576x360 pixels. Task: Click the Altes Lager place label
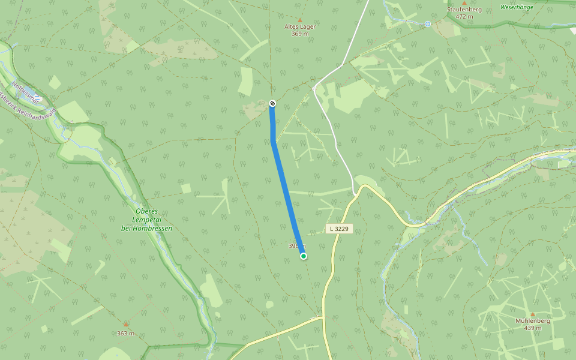coord(300,27)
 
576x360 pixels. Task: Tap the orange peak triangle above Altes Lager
coord(300,20)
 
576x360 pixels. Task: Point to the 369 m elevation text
coord(300,34)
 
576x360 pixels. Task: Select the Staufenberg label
coord(464,10)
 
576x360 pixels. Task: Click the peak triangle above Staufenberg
coord(464,3)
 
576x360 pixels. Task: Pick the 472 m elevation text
coord(464,17)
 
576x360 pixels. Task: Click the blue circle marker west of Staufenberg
coord(428,24)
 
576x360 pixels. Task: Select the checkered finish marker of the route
coord(272,104)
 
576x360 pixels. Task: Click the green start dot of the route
coord(304,256)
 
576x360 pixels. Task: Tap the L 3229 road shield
coord(338,229)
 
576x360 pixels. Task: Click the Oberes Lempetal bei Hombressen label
coord(146,220)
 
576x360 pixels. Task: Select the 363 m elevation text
coord(125,334)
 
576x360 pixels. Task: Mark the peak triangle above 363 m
coord(125,325)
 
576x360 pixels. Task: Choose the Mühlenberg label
coord(532,321)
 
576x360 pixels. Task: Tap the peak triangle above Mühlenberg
coord(532,314)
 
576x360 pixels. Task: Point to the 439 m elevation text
coord(532,328)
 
